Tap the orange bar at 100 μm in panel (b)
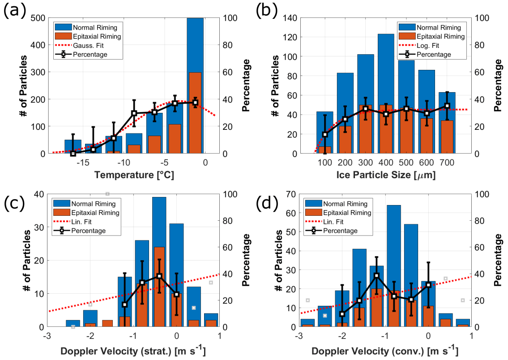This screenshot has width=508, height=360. pyautogui.click(x=325, y=150)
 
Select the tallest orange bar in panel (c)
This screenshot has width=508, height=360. pyautogui.click(x=160, y=287)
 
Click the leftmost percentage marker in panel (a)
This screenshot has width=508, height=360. pyautogui.click(x=73, y=153)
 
